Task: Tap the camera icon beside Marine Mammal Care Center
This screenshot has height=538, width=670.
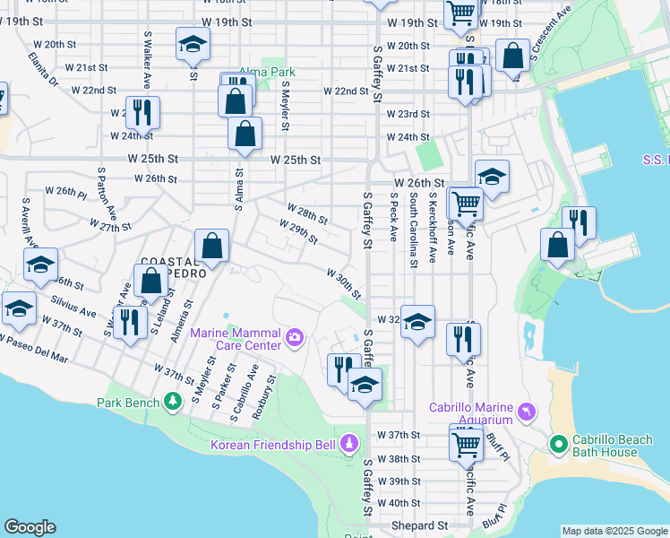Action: click(x=296, y=338)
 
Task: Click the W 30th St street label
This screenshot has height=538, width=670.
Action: click(x=343, y=283)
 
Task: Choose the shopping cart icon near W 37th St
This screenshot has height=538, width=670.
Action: click(x=465, y=443)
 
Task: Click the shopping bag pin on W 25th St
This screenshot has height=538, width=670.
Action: click(x=245, y=134)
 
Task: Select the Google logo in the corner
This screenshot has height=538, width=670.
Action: click(x=30, y=527)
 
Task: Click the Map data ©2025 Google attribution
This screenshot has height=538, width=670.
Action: click(x=614, y=531)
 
